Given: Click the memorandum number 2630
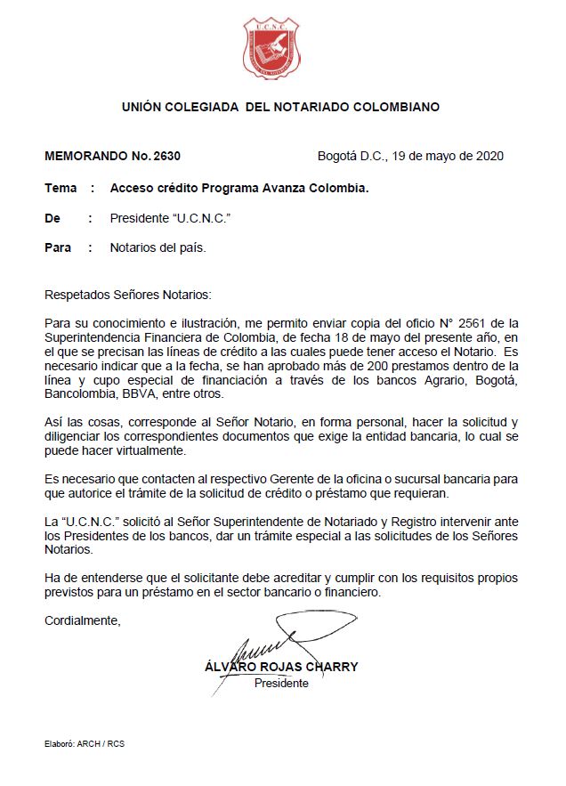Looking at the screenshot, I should tap(166, 156).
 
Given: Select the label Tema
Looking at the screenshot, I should tap(60, 189).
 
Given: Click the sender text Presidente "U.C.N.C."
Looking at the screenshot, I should tap(165, 218).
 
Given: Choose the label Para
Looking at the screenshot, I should tap(58, 247).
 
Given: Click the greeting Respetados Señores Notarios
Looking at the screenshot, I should tap(129, 294).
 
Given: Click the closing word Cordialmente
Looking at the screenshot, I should tap(82, 621).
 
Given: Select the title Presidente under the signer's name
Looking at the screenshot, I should tap(281, 684).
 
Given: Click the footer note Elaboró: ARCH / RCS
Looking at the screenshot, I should tap(85, 743).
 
